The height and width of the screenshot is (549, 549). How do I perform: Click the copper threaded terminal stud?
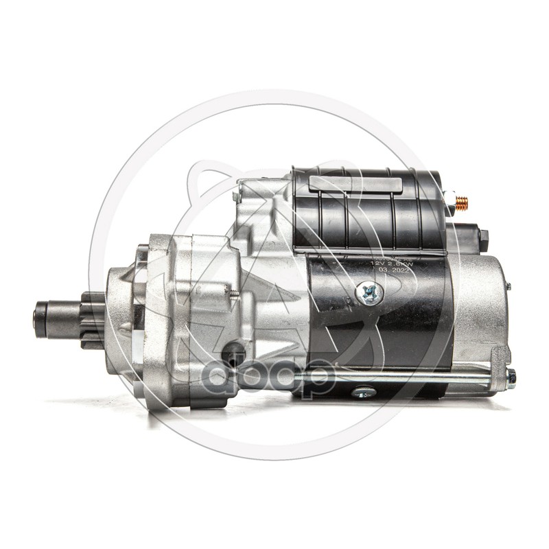click(x=462, y=202)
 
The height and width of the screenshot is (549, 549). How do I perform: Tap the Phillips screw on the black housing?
click(x=369, y=294)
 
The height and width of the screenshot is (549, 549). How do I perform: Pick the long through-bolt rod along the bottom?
click(x=412, y=376)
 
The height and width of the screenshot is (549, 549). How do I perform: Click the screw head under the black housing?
click(x=364, y=393)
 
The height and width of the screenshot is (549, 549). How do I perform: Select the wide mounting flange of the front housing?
click(x=168, y=323)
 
